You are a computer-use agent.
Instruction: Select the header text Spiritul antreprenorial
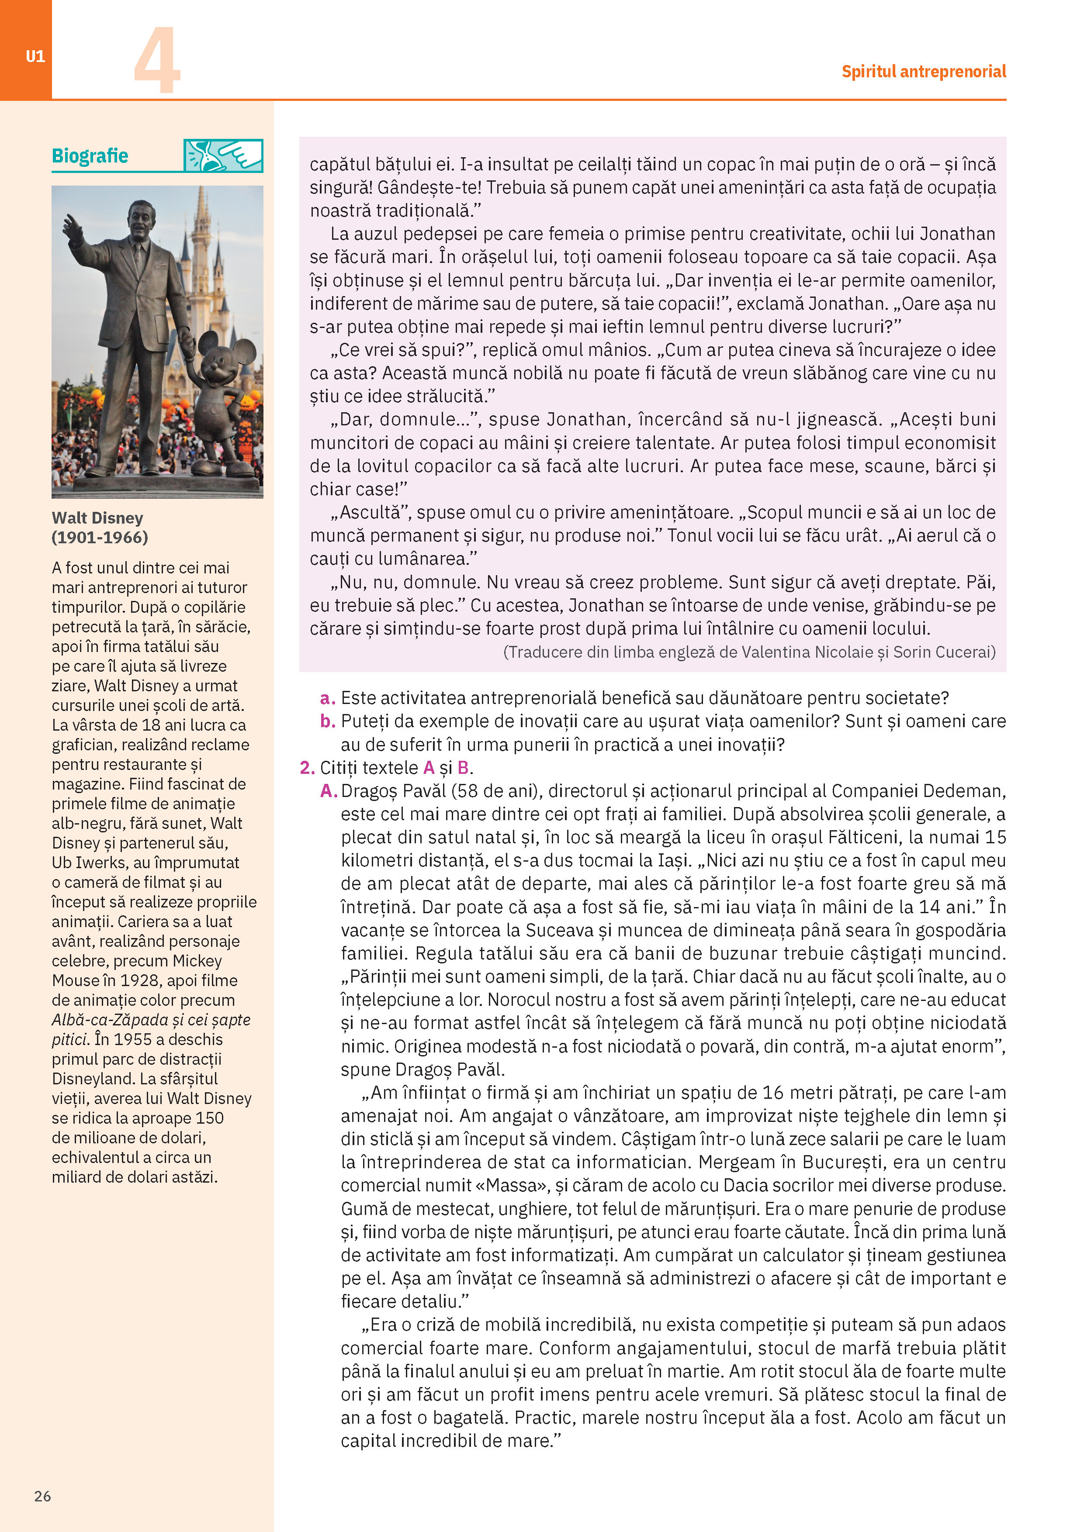923,71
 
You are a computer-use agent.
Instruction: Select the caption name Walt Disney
97,518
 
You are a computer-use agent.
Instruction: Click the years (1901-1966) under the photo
100,537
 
